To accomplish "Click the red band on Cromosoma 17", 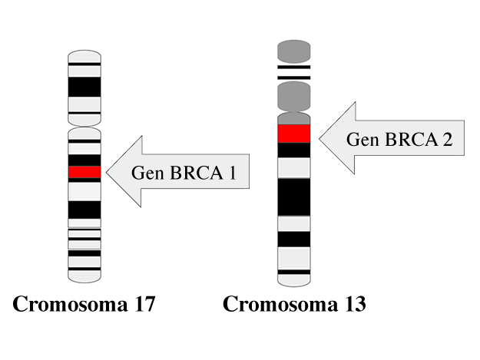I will coord(84,173).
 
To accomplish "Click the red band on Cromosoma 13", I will coord(293,134).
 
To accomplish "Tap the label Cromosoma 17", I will coord(84,305).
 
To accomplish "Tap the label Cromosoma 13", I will coord(294,305).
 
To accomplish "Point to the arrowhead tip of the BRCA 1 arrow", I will coord(107,173).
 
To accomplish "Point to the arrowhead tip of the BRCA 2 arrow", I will coord(317,139).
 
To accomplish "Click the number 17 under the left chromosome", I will coord(143,305).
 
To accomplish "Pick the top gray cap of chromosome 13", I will coord(293,52).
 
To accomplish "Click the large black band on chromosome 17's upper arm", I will coord(84,87).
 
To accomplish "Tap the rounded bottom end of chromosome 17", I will coord(84,276).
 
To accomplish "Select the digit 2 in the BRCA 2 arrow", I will coord(448,140).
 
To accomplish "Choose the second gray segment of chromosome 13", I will coord(293,96).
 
